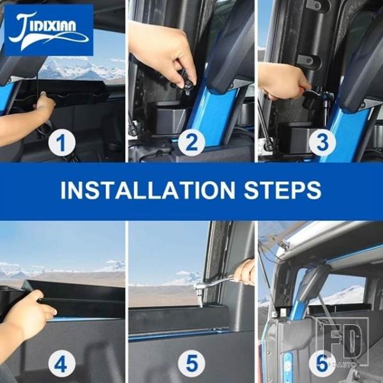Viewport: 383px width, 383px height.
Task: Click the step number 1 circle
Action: click(61, 142)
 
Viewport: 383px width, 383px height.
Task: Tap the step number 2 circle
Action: click(191, 142)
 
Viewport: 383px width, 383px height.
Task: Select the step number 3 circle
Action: click(322, 142)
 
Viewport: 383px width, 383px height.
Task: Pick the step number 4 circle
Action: click(61, 364)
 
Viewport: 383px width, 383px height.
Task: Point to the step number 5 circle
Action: click(191, 364)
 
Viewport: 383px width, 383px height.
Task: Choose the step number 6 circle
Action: click(322, 364)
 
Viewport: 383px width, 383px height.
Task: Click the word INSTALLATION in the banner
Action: click(148, 190)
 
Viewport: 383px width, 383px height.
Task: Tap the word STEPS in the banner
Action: click(282, 190)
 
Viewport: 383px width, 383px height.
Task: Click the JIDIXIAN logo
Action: click(49, 30)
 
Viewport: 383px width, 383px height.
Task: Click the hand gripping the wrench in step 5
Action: click(244, 273)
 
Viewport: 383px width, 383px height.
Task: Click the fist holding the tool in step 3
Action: click(283, 80)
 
